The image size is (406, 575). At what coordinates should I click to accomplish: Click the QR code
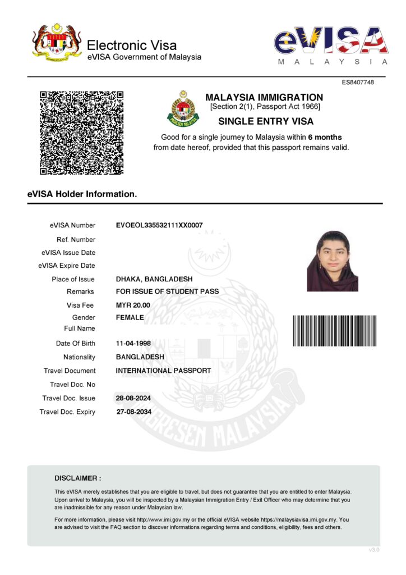pyautogui.click(x=81, y=133)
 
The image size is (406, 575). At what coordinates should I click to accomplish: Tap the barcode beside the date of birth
pyautogui.click(x=334, y=331)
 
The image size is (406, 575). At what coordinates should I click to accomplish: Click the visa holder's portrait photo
pyautogui.click(x=332, y=261)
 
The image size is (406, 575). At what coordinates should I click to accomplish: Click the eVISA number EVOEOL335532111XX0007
pyautogui.click(x=159, y=225)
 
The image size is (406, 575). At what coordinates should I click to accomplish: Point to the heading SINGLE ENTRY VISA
pyautogui.click(x=265, y=121)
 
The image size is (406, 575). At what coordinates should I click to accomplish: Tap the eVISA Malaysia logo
pyautogui.click(x=331, y=44)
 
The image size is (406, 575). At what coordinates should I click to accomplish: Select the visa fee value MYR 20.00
pyautogui.click(x=133, y=305)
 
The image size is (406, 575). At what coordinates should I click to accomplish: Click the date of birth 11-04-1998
pyautogui.click(x=133, y=343)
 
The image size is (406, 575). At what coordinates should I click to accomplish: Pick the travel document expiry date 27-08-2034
pyautogui.click(x=133, y=412)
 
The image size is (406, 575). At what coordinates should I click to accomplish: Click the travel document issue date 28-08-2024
pyautogui.click(x=133, y=398)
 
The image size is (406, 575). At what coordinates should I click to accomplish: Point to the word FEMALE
pyautogui.click(x=130, y=317)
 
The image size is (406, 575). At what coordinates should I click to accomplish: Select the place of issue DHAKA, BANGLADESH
pyautogui.click(x=154, y=279)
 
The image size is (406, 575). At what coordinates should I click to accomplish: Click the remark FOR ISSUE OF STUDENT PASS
pyautogui.click(x=167, y=291)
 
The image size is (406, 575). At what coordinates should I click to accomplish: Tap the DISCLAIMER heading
pyautogui.click(x=78, y=478)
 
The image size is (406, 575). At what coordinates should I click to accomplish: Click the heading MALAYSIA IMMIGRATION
pyautogui.click(x=264, y=98)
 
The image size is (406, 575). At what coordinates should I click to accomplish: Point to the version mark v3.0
pyautogui.click(x=374, y=550)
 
